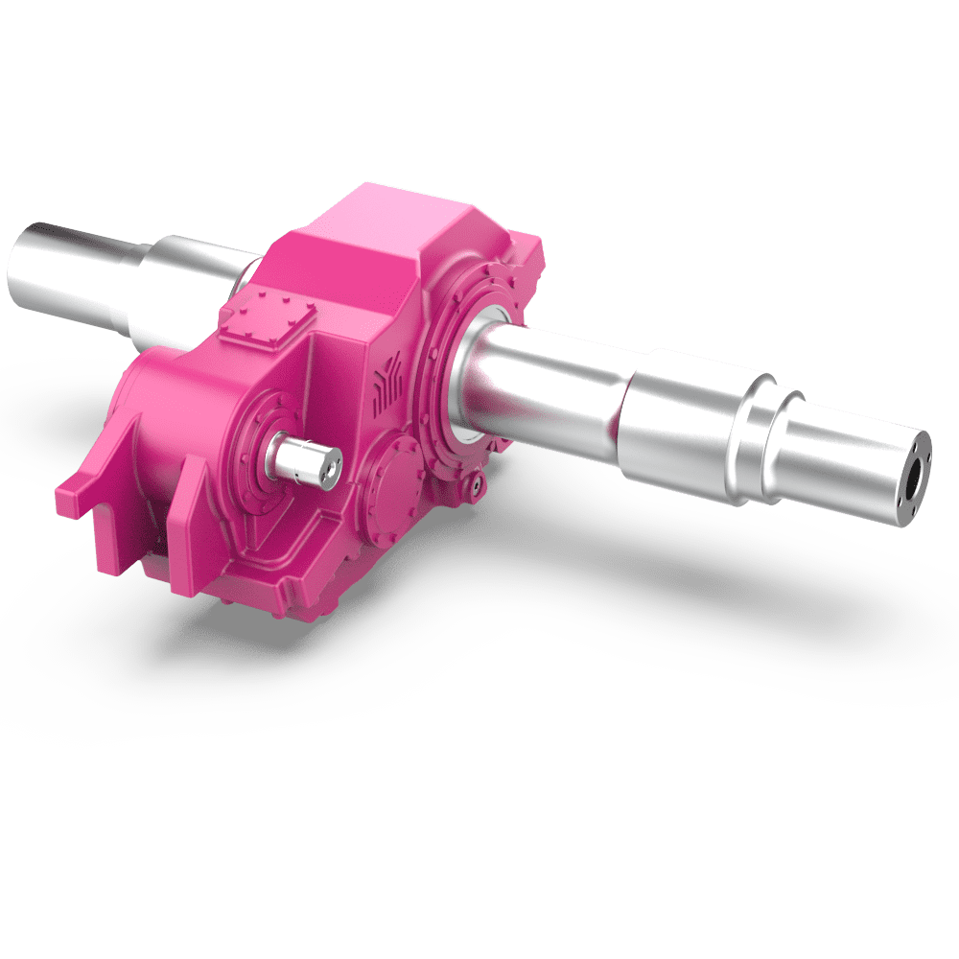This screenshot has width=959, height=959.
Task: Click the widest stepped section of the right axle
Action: (x=681, y=422)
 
